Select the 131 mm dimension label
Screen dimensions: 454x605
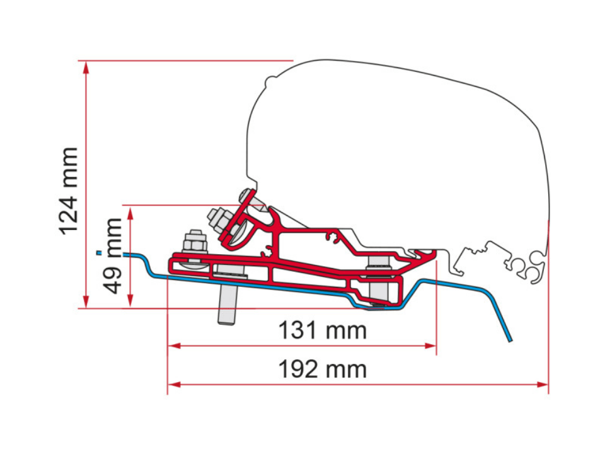click(323, 330)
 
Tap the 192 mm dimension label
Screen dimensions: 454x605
click(323, 369)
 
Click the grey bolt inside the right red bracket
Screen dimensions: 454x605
click(378, 281)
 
